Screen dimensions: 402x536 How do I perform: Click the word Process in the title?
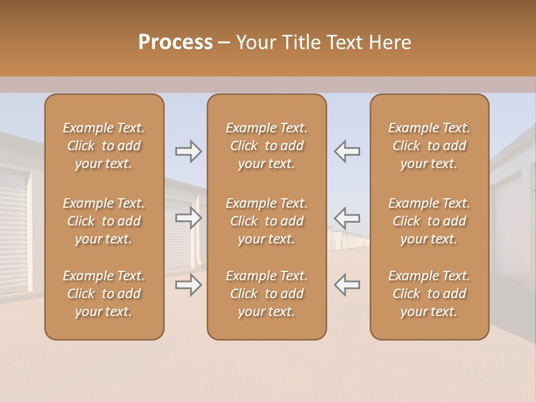point(175,42)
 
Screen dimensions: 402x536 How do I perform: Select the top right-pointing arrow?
point(188,151)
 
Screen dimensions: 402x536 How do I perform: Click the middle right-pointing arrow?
point(188,218)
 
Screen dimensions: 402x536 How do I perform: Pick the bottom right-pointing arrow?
point(188,285)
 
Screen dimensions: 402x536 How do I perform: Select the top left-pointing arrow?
point(347,151)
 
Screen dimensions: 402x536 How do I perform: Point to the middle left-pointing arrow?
point(347,218)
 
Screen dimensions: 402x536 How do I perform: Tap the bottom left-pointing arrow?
point(347,285)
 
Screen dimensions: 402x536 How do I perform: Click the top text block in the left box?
point(104,146)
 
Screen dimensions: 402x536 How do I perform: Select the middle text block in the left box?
point(104,221)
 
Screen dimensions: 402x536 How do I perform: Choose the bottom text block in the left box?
point(104,294)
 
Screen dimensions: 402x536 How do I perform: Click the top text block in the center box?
point(266,146)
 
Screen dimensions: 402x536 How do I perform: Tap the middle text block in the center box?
point(266,221)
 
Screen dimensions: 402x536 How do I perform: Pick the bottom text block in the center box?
point(266,294)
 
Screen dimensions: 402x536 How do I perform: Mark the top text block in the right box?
point(429,146)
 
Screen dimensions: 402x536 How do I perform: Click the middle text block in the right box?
point(429,221)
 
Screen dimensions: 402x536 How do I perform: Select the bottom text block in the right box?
point(429,294)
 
